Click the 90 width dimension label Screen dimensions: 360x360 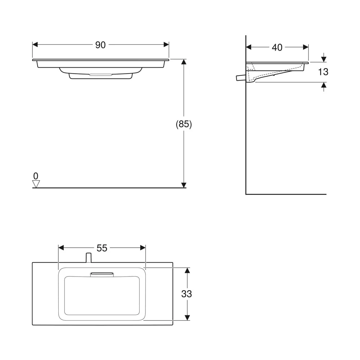tap(100, 45)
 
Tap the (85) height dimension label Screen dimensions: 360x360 tap(184, 124)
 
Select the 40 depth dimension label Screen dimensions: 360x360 tap(277, 48)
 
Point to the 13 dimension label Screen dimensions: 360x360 tap(323, 72)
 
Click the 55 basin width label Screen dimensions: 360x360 tap(102, 248)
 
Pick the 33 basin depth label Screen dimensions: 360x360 tap(186, 294)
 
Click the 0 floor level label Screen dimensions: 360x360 tap(36, 176)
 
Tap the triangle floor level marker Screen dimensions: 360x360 tap(36, 184)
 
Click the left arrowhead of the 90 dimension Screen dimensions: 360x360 tap(35, 45)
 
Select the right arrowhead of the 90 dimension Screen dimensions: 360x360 tap(166, 45)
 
